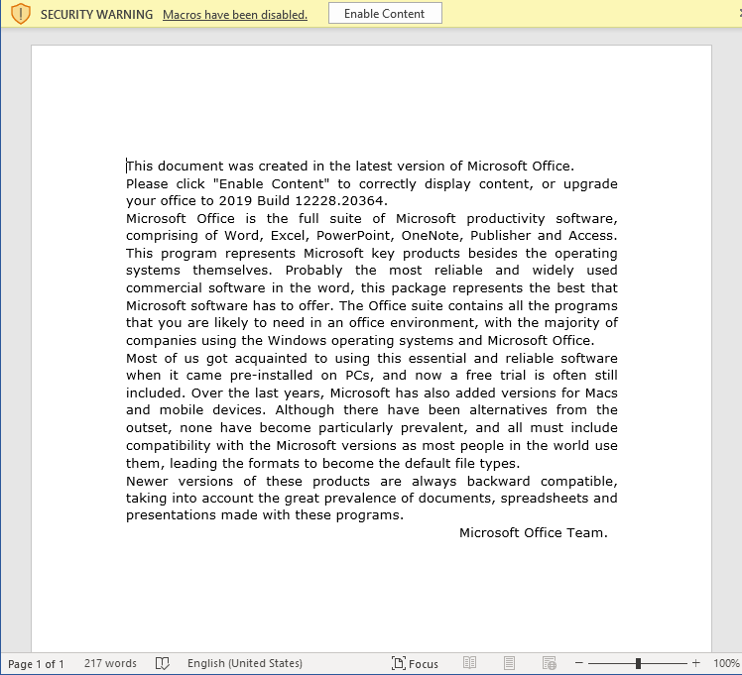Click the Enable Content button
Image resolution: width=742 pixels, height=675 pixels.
point(385,14)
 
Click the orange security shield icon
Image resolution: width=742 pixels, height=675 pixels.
point(20,14)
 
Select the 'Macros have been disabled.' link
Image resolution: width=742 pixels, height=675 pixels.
point(234,15)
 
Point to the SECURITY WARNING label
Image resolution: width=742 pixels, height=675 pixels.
point(96,15)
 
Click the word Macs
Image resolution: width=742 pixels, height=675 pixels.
point(600,393)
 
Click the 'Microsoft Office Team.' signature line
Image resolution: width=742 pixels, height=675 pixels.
point(533,532)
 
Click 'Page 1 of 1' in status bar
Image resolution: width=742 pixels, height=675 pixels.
point(36,664)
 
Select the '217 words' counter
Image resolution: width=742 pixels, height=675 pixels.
point(110,663)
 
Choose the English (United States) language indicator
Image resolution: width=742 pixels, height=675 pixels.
point(244,664)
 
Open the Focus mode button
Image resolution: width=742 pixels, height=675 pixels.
point(415,664)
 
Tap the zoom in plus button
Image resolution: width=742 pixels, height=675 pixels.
point(695,663)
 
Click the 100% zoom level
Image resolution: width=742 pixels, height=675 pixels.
point(726,664)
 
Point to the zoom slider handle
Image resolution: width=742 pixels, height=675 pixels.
point(638,663)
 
